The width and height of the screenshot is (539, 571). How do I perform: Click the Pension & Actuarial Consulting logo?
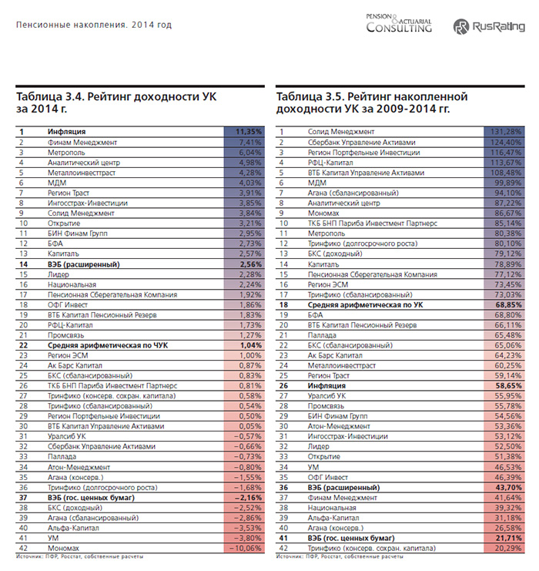[399, 25]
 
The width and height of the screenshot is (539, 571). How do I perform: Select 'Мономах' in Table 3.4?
[65, 548]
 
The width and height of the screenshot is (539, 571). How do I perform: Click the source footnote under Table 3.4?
[79, 556]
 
